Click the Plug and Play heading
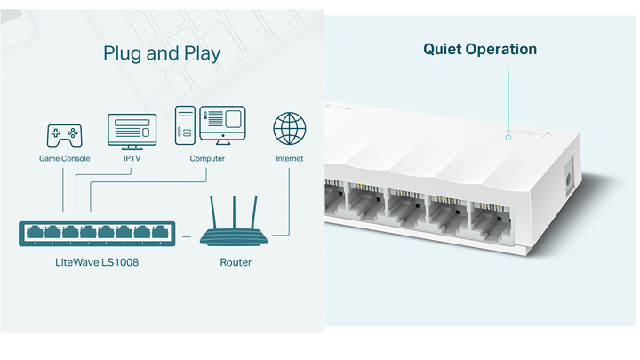tap(162, 53)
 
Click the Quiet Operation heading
tap(479, 49)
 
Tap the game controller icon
tap(63, 135)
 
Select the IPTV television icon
tap(132, 130)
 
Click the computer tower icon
tap(185, 126)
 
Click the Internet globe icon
tap(289, 129)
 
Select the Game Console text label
tap(63, 159)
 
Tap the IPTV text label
tap(132, 159)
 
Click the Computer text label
tap(207, 159)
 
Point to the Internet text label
tap(289, 159)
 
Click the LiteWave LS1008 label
tap(98, 262)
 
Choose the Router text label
tap(236, 262)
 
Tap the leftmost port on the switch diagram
tap(33, 234)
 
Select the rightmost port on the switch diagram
tap(161, 234)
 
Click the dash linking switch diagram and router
tap(187, 237)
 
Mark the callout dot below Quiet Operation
tap(508, 137)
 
